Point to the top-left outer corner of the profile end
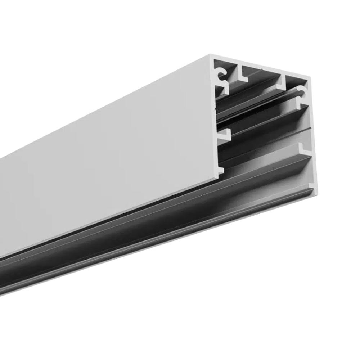coord(211,55)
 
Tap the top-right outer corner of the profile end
coord(310,77)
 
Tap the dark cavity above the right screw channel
coord(295,81)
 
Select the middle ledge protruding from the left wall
coord(224,135)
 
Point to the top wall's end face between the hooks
coord(261,65)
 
